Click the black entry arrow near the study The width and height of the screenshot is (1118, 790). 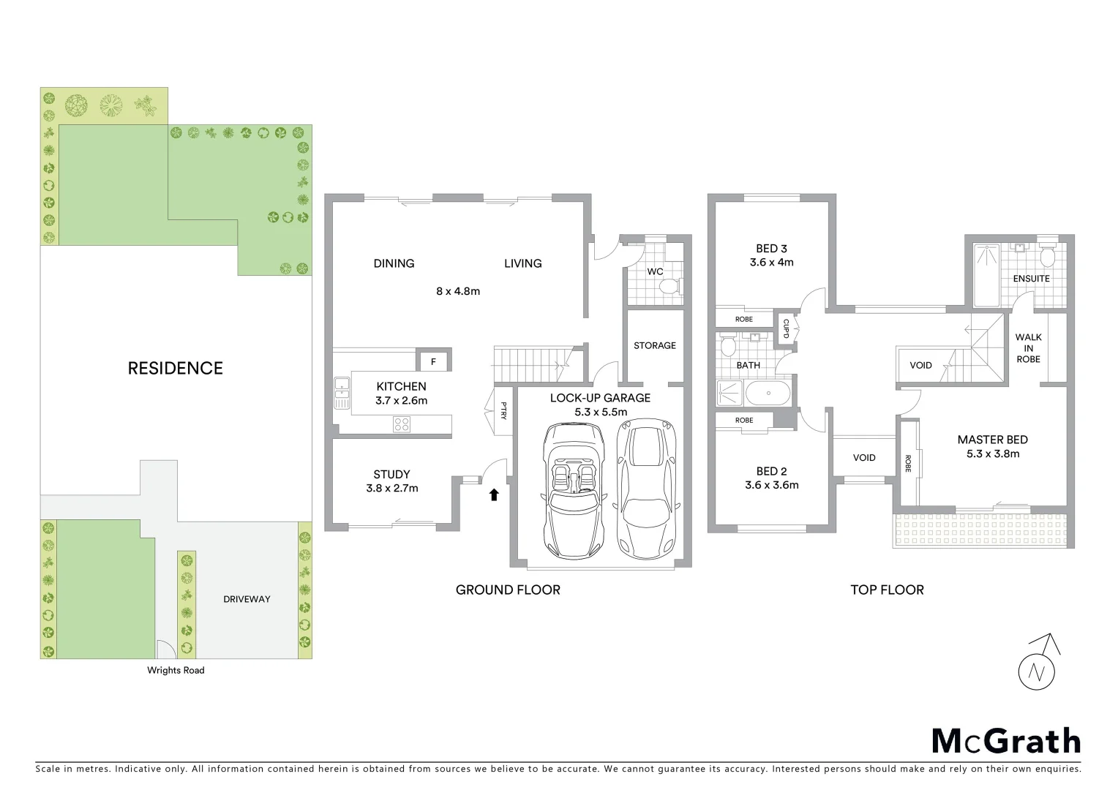[x=494, y=494]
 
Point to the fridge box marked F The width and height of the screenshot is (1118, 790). [x=433, y=361]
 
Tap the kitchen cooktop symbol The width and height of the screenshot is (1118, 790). [x=402, y=424]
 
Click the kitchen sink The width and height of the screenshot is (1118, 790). [x=342, y=392]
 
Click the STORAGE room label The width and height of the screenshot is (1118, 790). [x=655, y=345]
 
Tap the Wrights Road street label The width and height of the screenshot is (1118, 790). [x=176, y=670]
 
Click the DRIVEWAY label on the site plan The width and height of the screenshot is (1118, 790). [x=247, y=599]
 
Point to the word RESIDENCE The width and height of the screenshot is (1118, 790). [x=176, y=368]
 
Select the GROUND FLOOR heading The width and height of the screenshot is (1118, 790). [x=508, y=590]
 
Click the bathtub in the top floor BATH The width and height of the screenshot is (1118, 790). [x=768, y=394]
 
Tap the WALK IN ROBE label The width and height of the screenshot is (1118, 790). [x=1028, y=348]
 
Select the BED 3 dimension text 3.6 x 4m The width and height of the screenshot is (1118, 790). [x=771, y=262]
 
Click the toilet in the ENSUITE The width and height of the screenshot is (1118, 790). [x=1047, y=257]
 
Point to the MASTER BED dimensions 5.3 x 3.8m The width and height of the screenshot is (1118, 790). [x=992, y=454]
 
